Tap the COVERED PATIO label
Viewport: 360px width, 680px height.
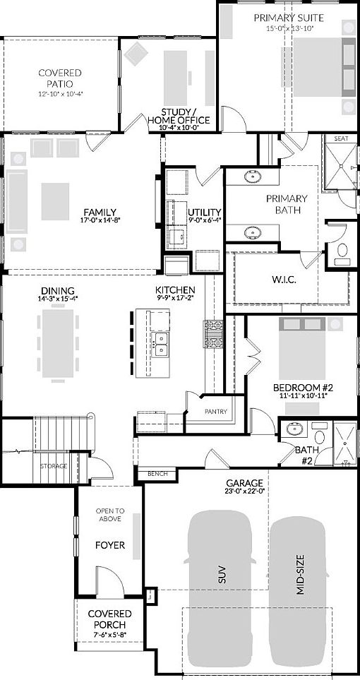60,78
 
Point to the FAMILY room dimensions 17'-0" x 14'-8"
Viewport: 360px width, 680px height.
100,220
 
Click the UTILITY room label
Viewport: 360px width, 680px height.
205,212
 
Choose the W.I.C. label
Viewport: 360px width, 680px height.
284,280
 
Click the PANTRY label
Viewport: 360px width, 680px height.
215,411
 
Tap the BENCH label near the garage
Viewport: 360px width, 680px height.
157,473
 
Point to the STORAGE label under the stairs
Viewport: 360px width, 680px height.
54,466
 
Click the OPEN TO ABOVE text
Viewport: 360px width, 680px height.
110,515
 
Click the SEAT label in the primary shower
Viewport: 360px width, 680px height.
342,139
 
